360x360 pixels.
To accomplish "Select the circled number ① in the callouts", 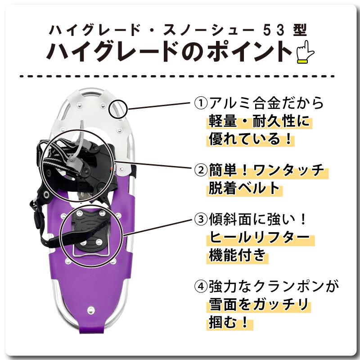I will tap(200, 103).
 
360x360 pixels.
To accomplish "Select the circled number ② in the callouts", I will tap(200, 170).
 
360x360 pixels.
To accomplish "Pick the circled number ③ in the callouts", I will tap(200, 220).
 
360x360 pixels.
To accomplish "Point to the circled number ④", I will tap(200, 286).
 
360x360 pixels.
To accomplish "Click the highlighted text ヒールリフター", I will tap(259, 238).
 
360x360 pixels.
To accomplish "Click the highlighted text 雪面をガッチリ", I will tap(260, 305).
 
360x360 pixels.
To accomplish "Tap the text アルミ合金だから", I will tap(265, 103).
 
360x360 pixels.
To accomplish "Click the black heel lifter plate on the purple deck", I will tap(90, 229).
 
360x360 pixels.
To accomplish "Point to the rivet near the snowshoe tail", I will tap(91, 310).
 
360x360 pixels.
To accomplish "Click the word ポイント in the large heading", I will tap(249, 51).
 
